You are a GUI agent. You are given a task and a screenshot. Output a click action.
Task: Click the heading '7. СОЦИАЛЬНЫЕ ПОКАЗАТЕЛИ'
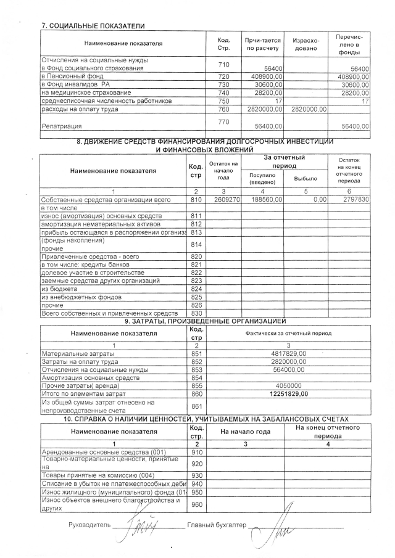click(x=93, y=26)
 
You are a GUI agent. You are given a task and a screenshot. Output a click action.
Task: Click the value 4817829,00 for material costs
click(x=293, y=353)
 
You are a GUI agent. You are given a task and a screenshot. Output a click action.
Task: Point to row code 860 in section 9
click(x=196, y=393)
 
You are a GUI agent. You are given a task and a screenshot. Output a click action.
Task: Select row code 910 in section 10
click(x=196, y=452)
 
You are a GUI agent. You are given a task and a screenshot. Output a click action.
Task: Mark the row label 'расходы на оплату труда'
click(x=79, y=109)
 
